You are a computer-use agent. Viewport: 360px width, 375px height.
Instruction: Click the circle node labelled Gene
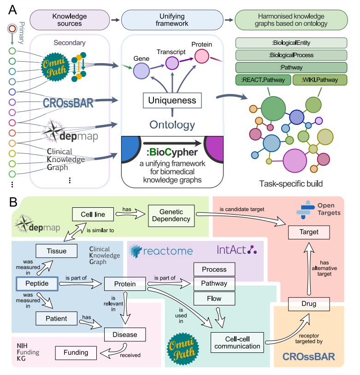point(142,71)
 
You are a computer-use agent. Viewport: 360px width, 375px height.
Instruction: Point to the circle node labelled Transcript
point(171,63)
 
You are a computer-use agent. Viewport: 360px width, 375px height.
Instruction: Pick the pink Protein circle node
point(201,56)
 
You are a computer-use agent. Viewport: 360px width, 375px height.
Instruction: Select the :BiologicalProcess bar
point(291,55)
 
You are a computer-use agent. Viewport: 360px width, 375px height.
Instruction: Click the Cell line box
point(92,214)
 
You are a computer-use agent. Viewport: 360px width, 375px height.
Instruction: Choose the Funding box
point(76,353)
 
